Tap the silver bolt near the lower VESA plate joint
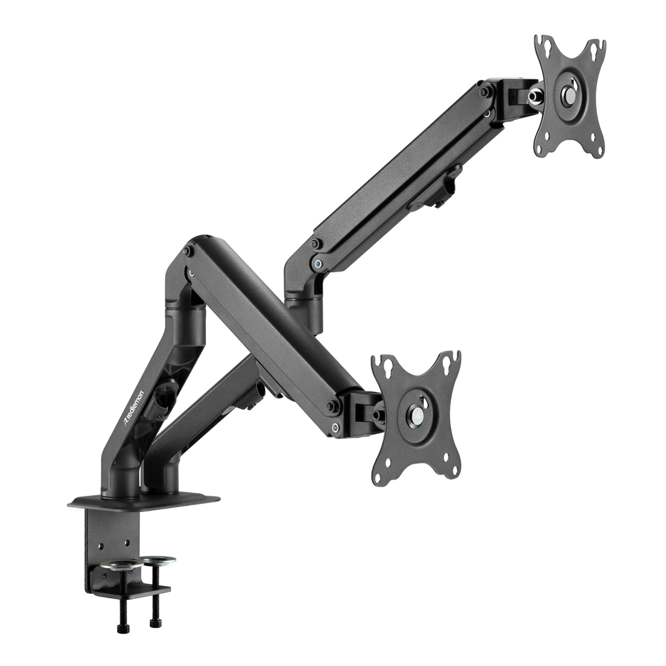(334, 428)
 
